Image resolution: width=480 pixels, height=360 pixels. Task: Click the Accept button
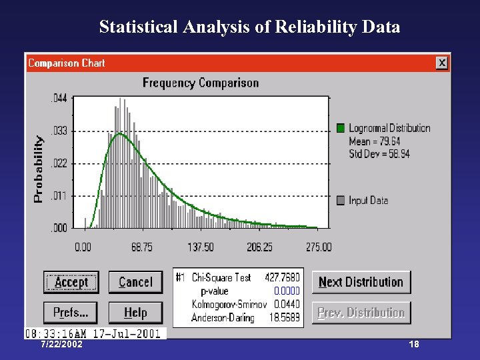click(71, 282)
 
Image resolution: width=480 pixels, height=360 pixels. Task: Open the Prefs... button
click(71, 312)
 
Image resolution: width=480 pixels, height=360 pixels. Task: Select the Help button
click(135, 312)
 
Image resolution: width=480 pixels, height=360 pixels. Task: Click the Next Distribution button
click(361, 282)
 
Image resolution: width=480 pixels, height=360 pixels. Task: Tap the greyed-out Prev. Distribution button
click(361, 313)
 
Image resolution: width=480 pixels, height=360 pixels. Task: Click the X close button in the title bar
click(441, 63)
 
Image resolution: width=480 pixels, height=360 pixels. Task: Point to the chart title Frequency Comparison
click(201, 83)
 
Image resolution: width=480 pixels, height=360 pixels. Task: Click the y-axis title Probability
click(39, 169)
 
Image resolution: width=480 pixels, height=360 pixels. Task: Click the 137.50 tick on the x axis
click(201, 247)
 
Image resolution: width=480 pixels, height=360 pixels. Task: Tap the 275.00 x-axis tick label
click(318, 247)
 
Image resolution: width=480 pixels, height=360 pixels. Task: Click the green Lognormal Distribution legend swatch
click(341, 128)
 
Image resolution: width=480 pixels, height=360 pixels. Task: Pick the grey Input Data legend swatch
click(341, 200)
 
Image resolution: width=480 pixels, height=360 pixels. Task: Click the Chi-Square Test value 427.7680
click(282, 277)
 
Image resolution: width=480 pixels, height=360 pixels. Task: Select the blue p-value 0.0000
click(287, 291)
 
